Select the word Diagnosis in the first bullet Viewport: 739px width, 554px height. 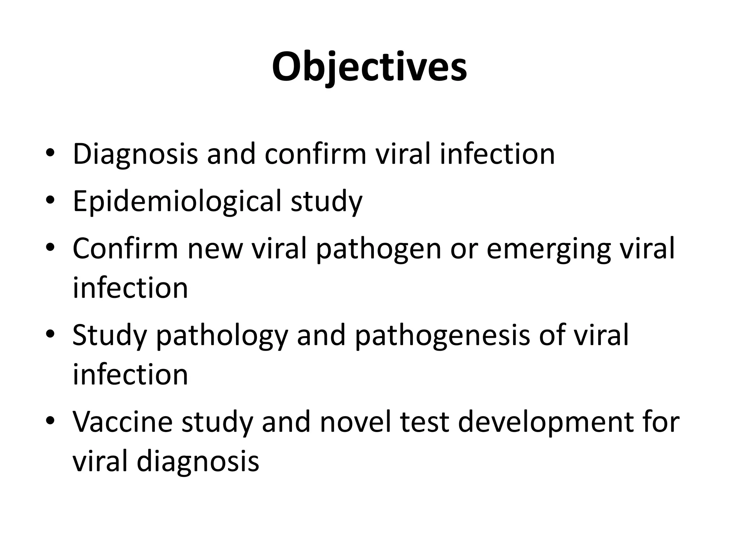coord(135,154)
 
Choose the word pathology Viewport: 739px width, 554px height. coord(222,335)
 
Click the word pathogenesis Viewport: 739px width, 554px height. coord(442,335)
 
